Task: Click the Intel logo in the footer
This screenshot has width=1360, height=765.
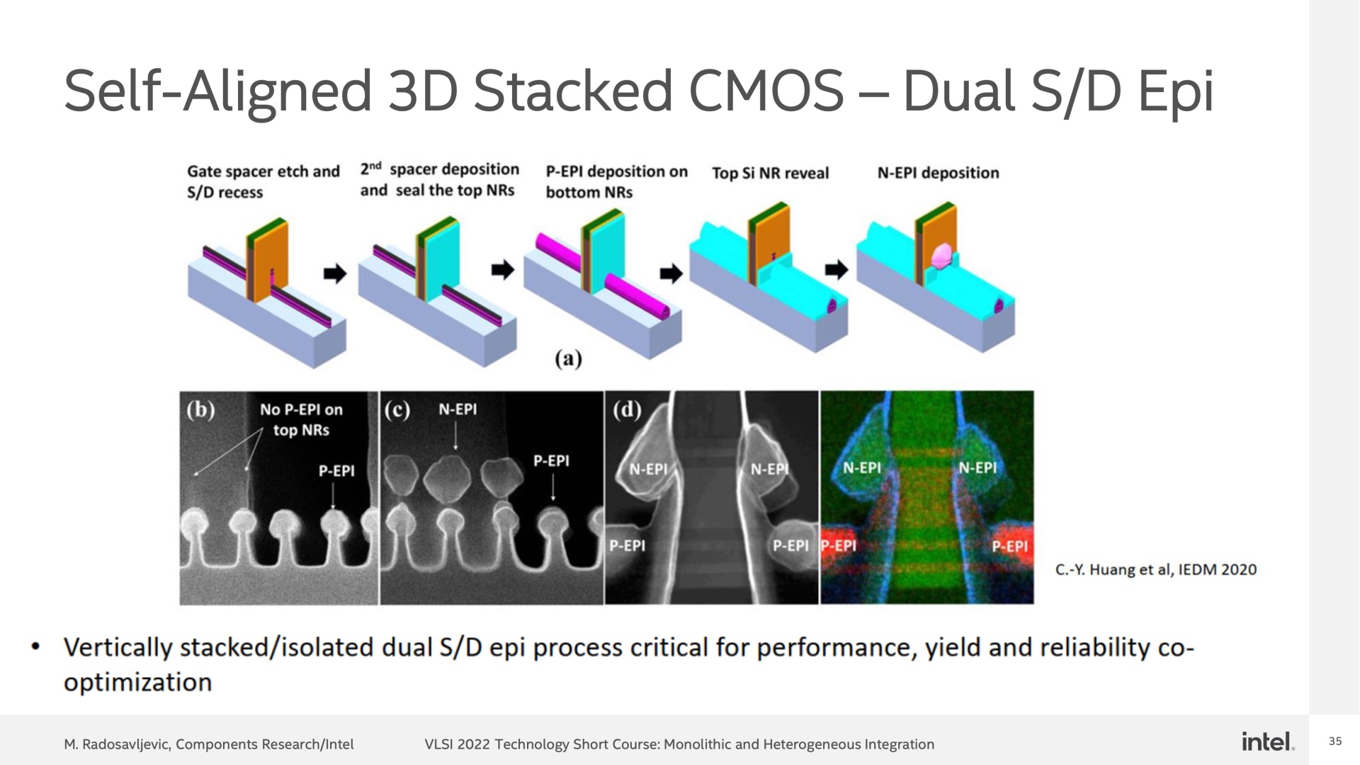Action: [x=1267, y=742]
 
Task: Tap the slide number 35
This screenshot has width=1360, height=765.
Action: [x=1335, y=742]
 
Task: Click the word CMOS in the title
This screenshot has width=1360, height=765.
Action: [x=766, y=91]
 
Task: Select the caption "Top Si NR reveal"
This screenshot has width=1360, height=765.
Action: [x=770, y=174]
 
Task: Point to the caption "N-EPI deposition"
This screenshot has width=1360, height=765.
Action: [x=938, y=173]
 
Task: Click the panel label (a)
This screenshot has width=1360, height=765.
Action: [x=568, y=358]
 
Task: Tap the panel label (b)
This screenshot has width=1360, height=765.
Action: [x=200, y=410]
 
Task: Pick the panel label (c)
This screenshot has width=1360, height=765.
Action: [x=397, y=410]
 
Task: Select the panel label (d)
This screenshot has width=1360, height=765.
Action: [x=627, y=409]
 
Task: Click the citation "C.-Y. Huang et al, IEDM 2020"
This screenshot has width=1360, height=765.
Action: [x=1156, y=569]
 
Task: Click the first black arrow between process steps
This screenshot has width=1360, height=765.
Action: [x=335, y=273]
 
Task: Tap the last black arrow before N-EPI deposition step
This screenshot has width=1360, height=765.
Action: [x=837, y=270]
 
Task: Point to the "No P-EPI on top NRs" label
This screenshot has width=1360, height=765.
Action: [x=301, y=420]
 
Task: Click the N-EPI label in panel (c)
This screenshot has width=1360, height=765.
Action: [x=458, y=409]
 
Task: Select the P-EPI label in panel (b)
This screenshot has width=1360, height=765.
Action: [x=336, y=471]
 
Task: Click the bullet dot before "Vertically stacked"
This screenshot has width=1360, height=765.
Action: [x=35, y=647]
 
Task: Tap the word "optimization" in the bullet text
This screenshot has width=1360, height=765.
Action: [x=137, y=682]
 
